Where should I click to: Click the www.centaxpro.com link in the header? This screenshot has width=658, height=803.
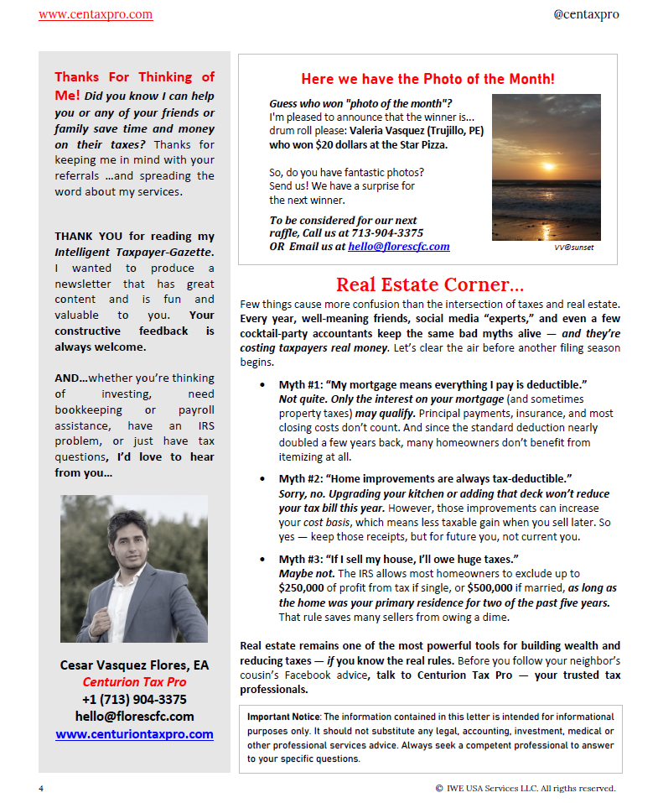click(96, 14)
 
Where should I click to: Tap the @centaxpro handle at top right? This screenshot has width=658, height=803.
click(587, 14)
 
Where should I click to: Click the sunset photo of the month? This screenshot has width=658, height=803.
click(546, 167)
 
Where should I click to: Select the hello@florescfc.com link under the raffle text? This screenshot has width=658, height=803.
click(399, 247)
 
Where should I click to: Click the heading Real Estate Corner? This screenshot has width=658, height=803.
click(430, 284)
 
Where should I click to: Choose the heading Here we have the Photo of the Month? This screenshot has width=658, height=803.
click(427, 79)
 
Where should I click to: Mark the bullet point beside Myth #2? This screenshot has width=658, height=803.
click(263, 479)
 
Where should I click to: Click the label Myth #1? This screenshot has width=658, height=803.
click(303, 384)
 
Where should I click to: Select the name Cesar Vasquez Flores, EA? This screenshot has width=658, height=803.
click(134, 665)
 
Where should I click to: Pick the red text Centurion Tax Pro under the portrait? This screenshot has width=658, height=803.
click(134, 682)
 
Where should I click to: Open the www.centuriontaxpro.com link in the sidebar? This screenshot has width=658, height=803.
click(134, 734)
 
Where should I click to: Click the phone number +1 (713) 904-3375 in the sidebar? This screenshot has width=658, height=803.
click(134, 699)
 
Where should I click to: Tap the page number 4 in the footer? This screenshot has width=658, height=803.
click(41, 788)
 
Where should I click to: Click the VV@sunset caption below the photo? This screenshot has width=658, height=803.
click(574, 248)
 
